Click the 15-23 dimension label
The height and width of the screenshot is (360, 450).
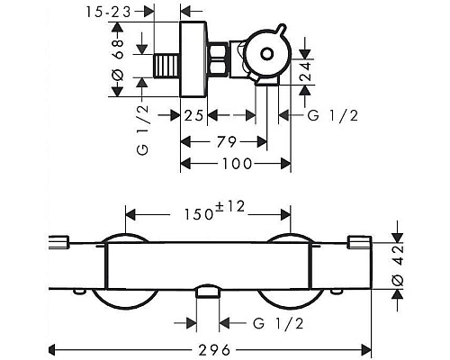coord(109,13)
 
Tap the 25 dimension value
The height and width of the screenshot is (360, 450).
coord(193,115)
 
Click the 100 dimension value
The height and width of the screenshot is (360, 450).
coord(237,164)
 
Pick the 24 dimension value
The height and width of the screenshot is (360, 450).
coord(306,71)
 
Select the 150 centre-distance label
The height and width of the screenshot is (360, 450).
coord(199,215)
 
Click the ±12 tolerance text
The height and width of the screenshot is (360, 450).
coord(230,207)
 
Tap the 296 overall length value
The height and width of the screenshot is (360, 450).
coord(215,350)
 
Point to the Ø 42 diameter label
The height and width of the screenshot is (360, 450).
coord(398,265)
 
